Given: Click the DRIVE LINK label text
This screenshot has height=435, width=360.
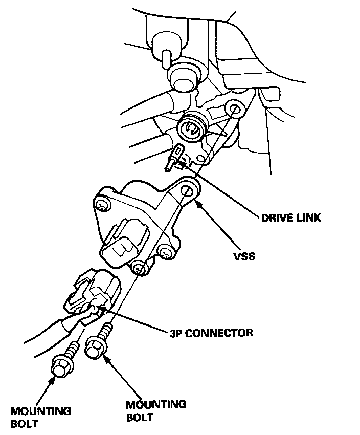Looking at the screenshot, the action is tap(291, 218).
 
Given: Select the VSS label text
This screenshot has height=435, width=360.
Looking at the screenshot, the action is tap(244, 256).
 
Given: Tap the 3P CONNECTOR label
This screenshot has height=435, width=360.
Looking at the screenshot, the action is tap(211, 333).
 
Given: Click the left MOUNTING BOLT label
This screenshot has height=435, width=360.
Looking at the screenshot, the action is tap(41, 417).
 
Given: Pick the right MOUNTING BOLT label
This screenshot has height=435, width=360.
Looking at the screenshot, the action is tap(156, 410).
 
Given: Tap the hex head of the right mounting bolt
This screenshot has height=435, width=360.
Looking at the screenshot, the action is tap(96, 347).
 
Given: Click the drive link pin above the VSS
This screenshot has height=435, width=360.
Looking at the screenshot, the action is tap(173, 158).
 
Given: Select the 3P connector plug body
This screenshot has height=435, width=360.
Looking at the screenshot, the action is tap(93, 295).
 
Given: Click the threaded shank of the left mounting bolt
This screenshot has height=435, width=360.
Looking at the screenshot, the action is tap(73, 348).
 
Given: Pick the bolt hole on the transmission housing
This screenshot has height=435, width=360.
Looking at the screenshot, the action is tap(235, 109).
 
